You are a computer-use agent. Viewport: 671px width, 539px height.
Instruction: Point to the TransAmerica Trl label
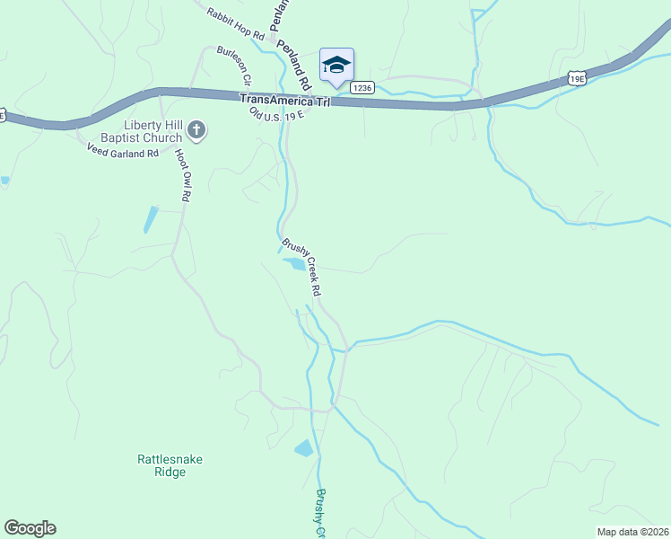(285, 101)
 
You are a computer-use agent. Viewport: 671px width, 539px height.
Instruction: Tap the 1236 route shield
(362, 87)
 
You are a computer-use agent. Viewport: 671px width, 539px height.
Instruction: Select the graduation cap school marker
(336, 64)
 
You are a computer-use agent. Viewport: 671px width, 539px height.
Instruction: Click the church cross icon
(196, 132)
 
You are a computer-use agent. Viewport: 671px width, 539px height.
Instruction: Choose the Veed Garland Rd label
(122, 154)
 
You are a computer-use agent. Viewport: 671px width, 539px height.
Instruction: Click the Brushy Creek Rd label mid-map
(302, 267)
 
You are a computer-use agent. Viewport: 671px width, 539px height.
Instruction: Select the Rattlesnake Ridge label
(170, 465)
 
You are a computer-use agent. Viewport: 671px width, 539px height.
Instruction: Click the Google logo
(30, 528)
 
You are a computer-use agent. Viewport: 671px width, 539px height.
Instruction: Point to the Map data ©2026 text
(632, 532)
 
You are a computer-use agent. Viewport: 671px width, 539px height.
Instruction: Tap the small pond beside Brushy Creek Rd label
(293, 263)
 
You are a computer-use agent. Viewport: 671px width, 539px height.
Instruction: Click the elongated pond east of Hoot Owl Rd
(151, 219)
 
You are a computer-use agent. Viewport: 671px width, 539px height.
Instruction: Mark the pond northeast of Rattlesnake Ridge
(305, 447)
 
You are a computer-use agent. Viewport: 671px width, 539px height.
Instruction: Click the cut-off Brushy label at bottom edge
(319, 514)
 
